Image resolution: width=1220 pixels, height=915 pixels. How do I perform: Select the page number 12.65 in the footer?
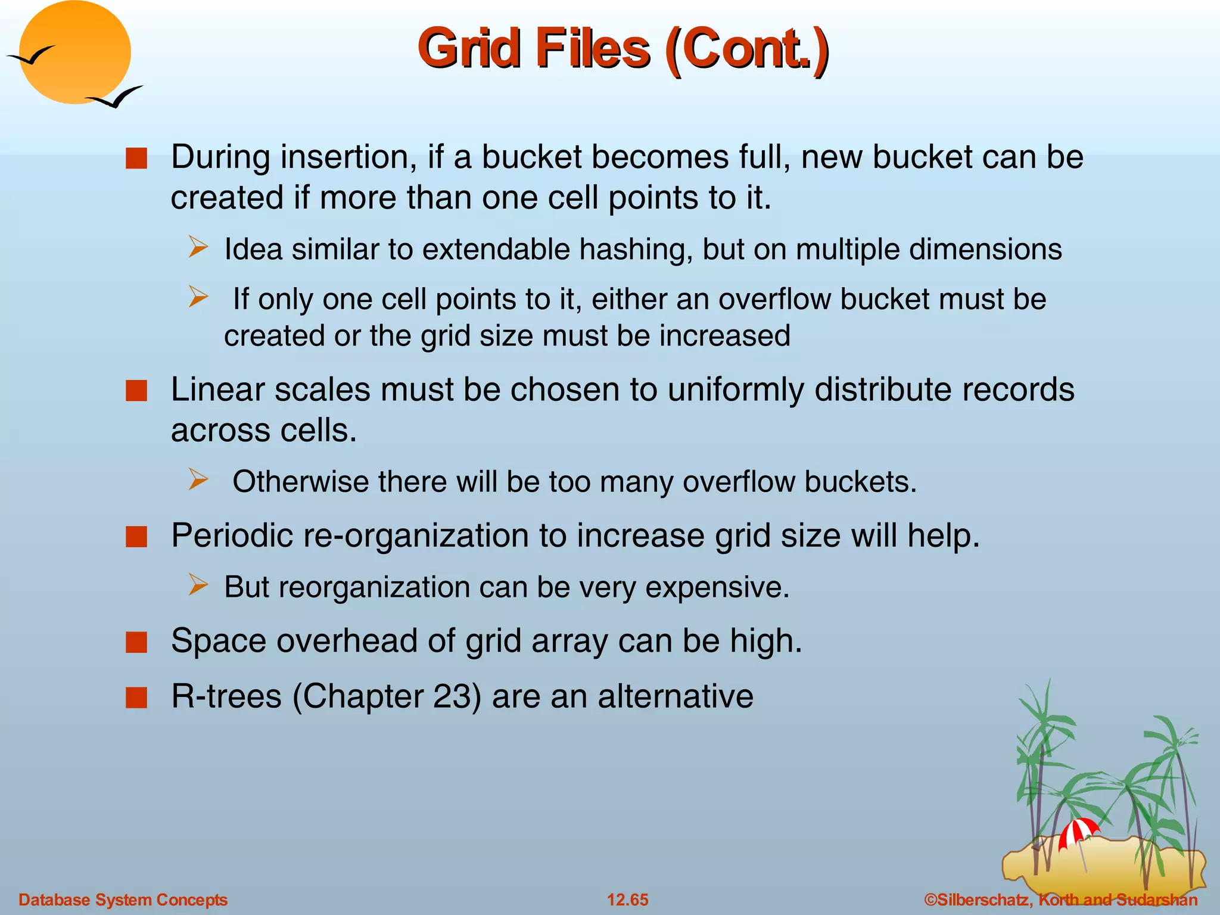pyautogui.click(x=627, y=900)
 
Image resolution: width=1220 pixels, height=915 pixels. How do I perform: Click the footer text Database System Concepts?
pyautogui.click(x=123, y=900)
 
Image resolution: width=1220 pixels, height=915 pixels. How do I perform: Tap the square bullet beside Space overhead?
pyautogui.click(x=136, y=643)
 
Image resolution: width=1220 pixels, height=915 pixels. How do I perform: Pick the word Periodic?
pyautogui.click(x=232, y=535)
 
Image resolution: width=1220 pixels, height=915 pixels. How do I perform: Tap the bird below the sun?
pyautogui.click(x=116, y=97)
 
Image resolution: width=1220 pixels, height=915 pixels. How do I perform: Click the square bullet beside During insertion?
pyautogui.click(x=136, y=159)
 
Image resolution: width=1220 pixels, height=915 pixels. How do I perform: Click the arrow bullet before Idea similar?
pyautogui.click(x=198, y=247)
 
